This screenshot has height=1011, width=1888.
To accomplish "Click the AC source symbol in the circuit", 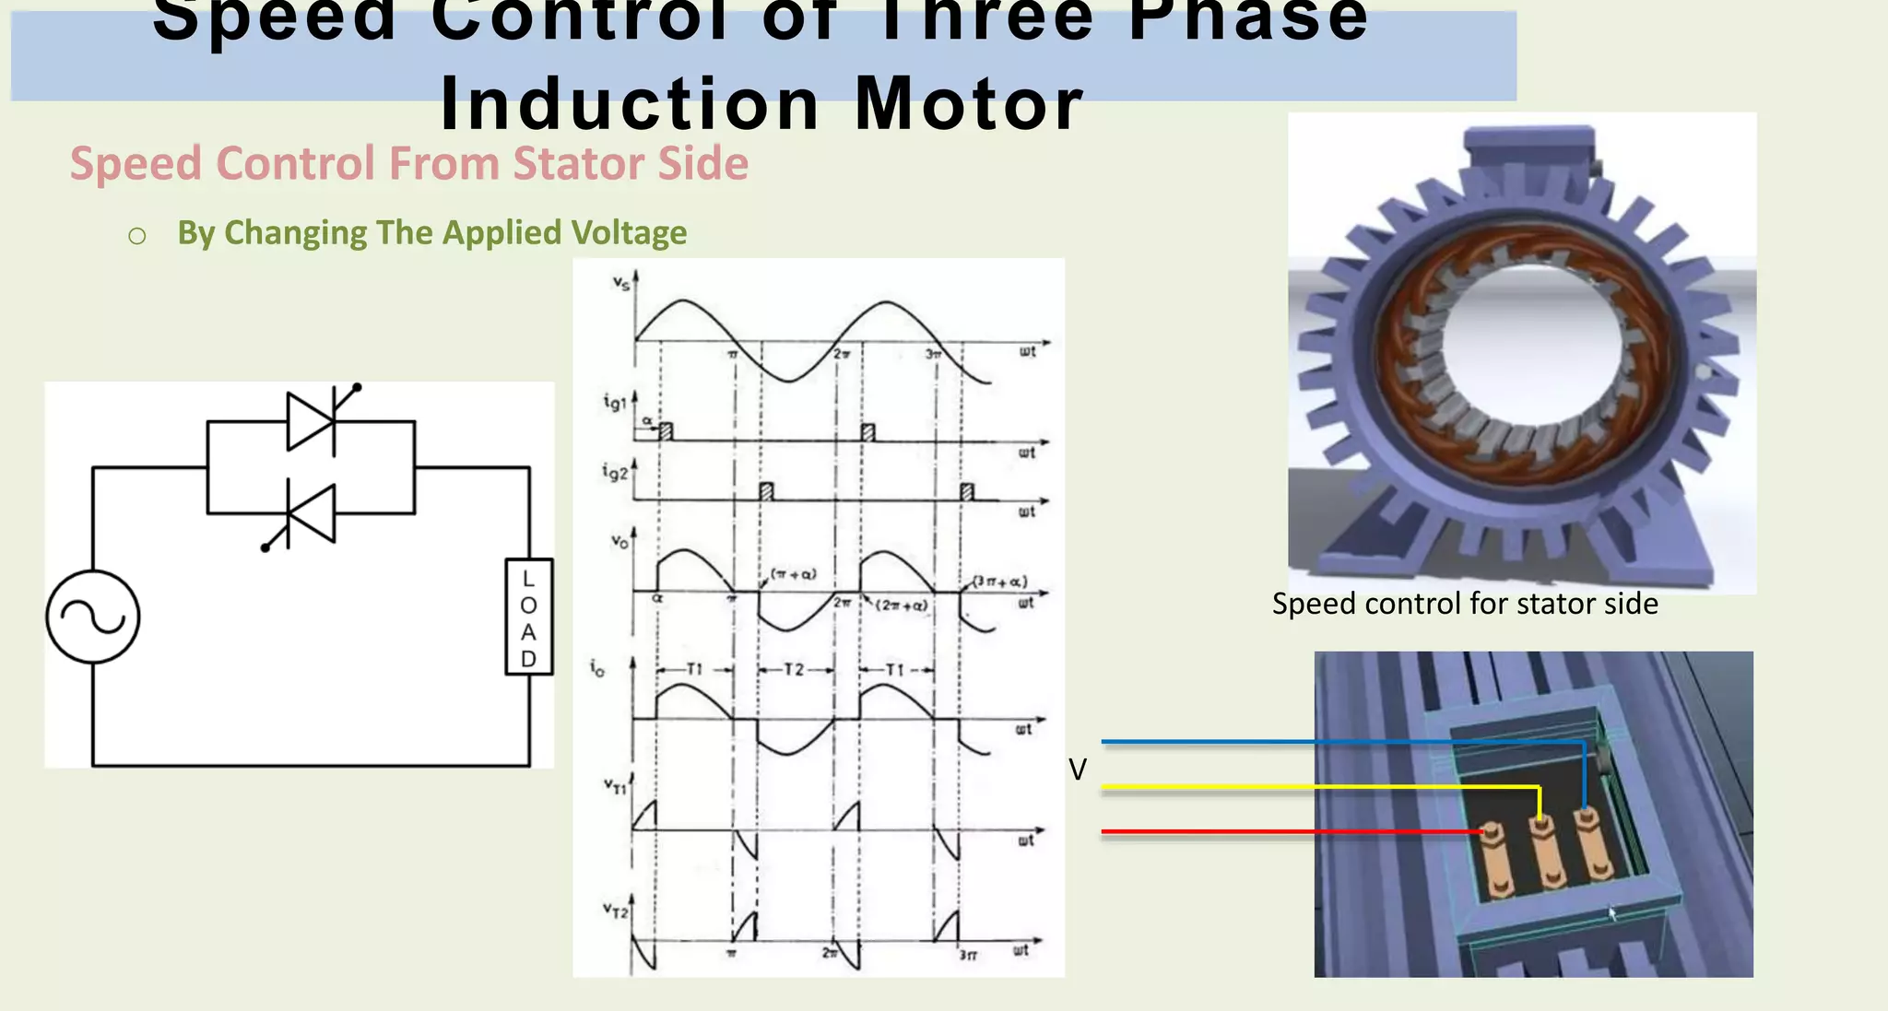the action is click(x=93, y=617).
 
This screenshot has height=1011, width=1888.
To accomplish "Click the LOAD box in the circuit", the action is click(x=529, y=617).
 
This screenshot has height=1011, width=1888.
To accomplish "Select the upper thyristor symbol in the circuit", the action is click(x=312, y=421).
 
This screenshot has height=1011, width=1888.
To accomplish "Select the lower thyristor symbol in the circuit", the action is click(x=311, y=513).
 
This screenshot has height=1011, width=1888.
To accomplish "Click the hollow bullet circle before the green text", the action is click(x=137, y=237).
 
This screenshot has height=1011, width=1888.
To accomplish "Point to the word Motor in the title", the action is click(x=968, y=104).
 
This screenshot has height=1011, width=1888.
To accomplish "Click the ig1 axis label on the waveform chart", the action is click(x=615, y=402).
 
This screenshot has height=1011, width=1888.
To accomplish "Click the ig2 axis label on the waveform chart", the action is click(x=615, y=472).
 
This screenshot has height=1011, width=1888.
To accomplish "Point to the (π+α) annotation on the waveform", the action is click(x=793, y=574).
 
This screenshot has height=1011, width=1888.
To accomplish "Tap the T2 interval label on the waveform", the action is click(x=794, y=669).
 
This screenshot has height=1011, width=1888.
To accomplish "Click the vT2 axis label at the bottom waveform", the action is click(x=615, y=911).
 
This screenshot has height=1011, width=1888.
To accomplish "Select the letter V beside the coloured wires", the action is click(x=1078, y=770).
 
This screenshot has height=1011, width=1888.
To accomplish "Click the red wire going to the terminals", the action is click(x=1291, y=831).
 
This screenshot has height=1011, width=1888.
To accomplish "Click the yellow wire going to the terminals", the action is click(x=1291, y=787).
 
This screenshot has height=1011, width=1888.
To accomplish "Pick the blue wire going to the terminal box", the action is click(x=1291, y=741).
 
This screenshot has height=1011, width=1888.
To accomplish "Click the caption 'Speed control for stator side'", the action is click(x=1465, y=604).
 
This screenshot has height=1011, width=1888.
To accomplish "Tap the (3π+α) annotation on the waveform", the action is click(x=1000, y=582).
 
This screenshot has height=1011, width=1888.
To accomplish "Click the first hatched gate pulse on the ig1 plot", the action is click(x=667, y=431).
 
